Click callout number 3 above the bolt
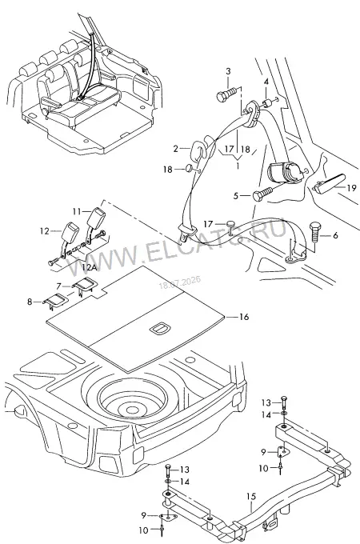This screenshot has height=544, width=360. point(228,71)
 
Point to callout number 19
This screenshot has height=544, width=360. point(351,188)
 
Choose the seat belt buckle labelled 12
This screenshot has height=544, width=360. point(70,237)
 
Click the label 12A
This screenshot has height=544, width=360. point(89,267)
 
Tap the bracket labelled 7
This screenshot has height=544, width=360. point(83,284)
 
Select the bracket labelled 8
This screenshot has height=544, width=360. point(55,301)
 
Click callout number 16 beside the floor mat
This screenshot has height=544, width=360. point(244,317)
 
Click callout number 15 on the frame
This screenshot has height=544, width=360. point(250,497)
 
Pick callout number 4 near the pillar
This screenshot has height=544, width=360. point(266,82)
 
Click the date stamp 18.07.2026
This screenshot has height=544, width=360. point(180,282)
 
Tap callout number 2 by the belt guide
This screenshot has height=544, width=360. point(176,149)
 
